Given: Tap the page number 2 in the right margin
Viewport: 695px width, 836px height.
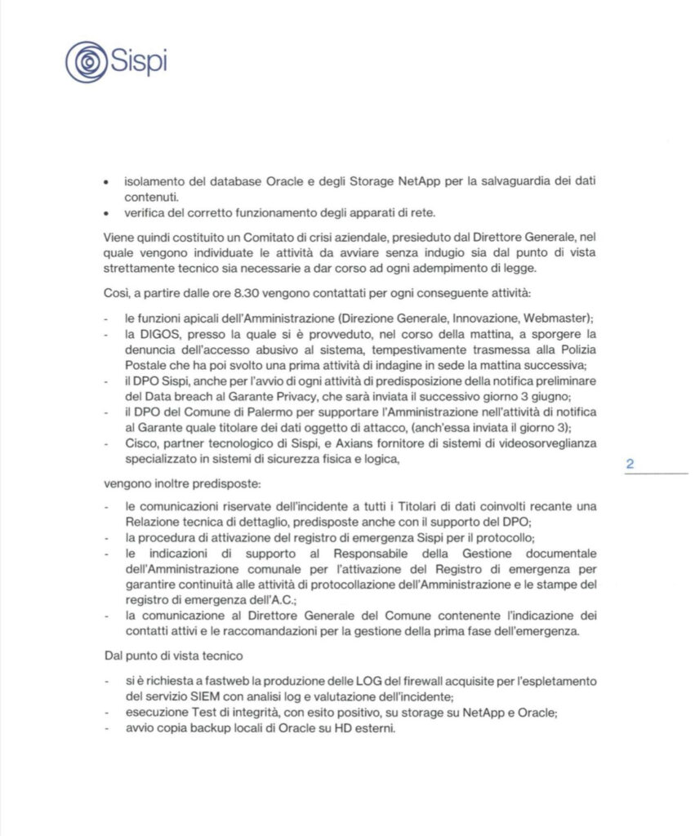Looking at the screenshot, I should click(630, 464).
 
